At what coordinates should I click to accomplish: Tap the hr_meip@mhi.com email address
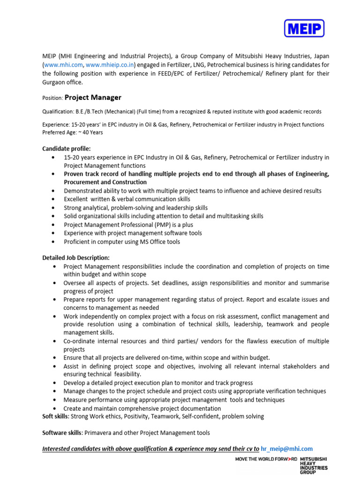(287, 449)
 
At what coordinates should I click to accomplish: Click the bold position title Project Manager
(93, 97)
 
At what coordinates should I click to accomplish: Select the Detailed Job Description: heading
(76, 258)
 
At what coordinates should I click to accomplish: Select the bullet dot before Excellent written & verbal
(56, 199)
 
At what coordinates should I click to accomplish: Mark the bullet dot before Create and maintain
(56, 408)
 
